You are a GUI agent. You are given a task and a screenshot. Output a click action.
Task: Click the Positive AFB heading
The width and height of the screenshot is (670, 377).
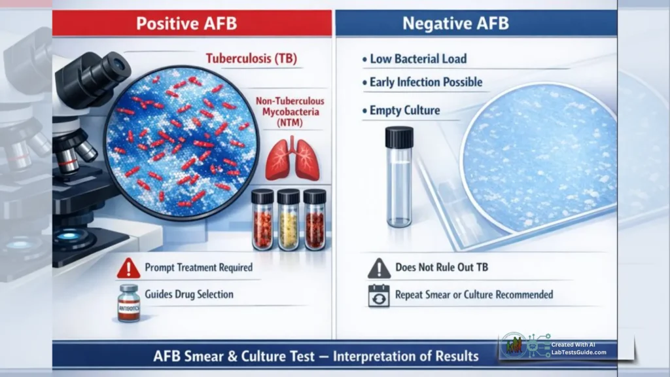(x=186, y=24)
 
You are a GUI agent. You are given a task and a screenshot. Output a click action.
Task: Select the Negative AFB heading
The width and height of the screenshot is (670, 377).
(x=455, y=24)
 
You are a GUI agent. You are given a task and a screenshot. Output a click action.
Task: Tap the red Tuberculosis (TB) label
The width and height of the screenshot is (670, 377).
(x=251, y=59)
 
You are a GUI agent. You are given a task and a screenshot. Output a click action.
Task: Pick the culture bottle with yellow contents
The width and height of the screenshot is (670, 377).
(x=288, y=220)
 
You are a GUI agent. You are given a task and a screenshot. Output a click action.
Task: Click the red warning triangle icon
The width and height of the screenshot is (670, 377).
(x=129, y=268)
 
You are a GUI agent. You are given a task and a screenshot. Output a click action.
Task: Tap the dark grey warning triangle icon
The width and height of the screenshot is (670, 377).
(x=379, y=268)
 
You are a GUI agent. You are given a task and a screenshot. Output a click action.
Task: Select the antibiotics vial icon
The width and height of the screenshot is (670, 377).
(x=129, y=302)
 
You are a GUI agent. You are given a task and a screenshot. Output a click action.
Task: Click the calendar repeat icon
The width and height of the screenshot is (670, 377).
(x=379, y=295)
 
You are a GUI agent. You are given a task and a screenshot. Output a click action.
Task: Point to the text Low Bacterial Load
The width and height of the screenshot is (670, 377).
(x=418, y=59)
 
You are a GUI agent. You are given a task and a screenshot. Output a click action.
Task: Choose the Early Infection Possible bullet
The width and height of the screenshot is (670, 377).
(x=425, y=82)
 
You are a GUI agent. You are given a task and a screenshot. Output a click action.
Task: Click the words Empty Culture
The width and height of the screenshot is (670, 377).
(x=404, y=111)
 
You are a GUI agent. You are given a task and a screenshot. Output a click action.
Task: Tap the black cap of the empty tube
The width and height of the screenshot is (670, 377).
(x=398, y=137)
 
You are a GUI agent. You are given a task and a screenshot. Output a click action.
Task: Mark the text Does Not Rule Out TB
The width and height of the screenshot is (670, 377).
(x=442, y=268)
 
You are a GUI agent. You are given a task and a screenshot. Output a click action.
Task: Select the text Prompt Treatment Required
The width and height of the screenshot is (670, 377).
(x=198, y=268)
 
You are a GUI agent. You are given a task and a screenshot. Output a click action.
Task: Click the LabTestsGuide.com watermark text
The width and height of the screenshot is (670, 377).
(x=578, y=353)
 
